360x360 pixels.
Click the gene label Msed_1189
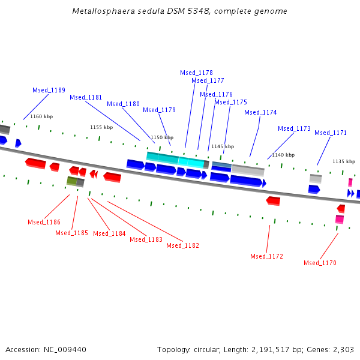click(49, 90)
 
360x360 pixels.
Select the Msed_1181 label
click(86, 97)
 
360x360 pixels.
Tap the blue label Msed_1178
click(196, 73)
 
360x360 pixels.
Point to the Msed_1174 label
click(260, 112)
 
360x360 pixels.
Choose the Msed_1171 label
click(331, 133)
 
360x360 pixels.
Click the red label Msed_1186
click(44, 222)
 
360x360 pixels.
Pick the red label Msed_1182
click(182, 245)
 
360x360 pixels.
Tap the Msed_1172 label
click(266, 256)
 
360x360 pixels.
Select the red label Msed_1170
click(320, 263)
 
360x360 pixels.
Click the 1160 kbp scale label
click(41, 116)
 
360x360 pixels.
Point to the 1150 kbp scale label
click(161, 137)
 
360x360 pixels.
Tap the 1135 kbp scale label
click(344, 161)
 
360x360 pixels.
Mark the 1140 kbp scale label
click(283, 155)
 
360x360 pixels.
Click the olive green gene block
click(72, 181)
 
